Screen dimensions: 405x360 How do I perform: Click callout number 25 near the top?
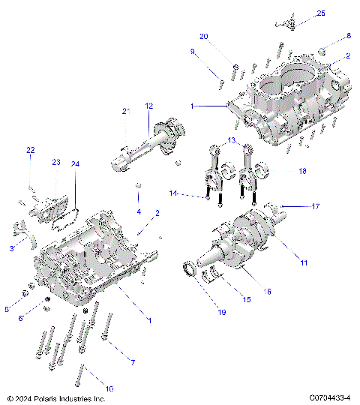point(321,13)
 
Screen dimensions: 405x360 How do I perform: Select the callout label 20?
point(204,36)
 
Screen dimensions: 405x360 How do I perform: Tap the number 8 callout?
point(348,36)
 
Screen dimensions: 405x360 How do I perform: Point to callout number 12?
point(149,106)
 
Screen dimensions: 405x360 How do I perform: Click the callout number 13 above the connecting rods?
point(232,140)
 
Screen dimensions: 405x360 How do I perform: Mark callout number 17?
point(315,205)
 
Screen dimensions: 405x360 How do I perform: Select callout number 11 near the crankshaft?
point(304,262)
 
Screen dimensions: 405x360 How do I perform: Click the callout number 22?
point(30,151)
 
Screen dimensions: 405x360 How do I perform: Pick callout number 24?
point(75,163)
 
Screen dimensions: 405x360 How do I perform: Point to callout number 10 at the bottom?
point(109,388)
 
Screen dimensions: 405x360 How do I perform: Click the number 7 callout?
point(133,363)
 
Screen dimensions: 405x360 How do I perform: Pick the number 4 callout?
point(138,212)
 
